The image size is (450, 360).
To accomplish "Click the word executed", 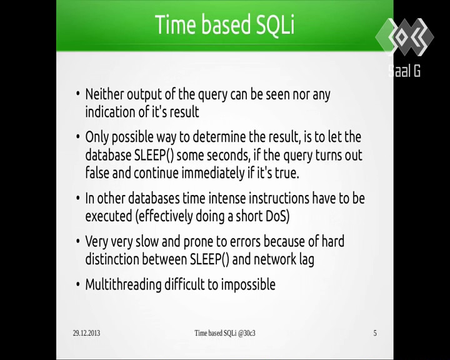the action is [109, 216].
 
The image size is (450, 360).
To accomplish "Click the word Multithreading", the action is [123, 285].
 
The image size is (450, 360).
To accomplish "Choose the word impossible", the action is [248, 285].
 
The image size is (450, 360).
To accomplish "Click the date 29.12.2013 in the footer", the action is [86, 333].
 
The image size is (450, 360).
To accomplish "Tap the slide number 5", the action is [375, 333].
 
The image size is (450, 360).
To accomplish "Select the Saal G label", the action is [404, 71].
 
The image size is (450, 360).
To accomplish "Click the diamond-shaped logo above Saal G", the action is [404, 37].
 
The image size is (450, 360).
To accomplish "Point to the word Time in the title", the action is [176, 24].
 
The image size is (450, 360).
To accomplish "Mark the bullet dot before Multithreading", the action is [77, 284].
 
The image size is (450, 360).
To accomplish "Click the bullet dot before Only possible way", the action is [77, 137].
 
